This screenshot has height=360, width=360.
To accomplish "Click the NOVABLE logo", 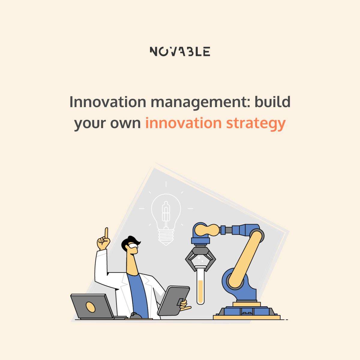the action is [x=180, y=51].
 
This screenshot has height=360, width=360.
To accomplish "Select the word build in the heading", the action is [x=273, y=102].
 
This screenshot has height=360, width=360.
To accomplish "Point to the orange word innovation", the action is [x=184, y=123].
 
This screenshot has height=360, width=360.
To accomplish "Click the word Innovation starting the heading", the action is [x=108, y=102].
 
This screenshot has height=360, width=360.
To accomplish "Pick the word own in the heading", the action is [x=125, y=124].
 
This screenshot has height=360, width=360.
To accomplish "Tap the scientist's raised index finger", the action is [x=106, y=233].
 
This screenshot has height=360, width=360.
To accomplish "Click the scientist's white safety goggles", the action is [x=133, y=245].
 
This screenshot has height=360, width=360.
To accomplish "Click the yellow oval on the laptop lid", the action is [x=90, y=307].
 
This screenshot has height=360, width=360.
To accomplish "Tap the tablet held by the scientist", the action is [x=174, y=300].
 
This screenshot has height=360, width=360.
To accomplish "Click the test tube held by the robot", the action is [x=200, y=285].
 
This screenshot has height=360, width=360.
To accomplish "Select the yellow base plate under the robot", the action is [x=247, y=317].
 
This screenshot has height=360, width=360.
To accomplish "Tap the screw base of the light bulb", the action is [x=166, y=237].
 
